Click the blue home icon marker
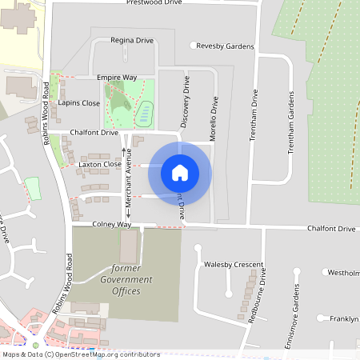tap(180, 172)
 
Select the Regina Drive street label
tap(132, 39)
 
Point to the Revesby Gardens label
tap(225, 46)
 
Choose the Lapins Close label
tap(79, 103)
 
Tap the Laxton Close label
tap(100, 164)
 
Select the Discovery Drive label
tap(186, 102)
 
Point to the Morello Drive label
tap(214, 120)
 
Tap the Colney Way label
tap(111, 225)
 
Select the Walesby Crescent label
tap(234, 264)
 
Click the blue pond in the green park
tap(144, 113)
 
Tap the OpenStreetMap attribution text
tap(81, 354)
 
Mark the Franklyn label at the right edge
tap(343, 318)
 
